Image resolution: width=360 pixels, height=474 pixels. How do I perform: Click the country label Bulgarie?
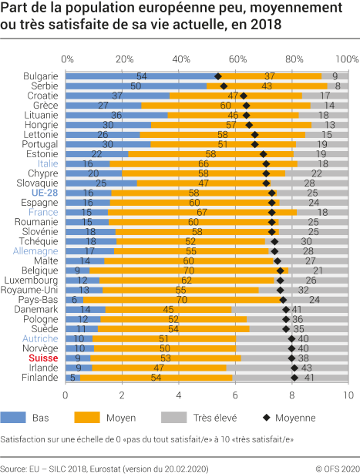[42, 76]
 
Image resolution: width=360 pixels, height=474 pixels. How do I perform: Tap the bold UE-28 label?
[45, 191]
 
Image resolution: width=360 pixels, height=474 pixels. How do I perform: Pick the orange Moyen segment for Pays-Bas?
[183, 300]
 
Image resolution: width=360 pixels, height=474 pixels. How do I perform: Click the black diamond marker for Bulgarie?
[218, 76]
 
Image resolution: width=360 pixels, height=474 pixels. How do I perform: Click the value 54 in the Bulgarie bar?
[142, 76]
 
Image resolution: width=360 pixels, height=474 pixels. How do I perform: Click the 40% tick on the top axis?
[180, 59]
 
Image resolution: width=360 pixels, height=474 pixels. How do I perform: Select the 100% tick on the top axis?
[346, 59]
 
